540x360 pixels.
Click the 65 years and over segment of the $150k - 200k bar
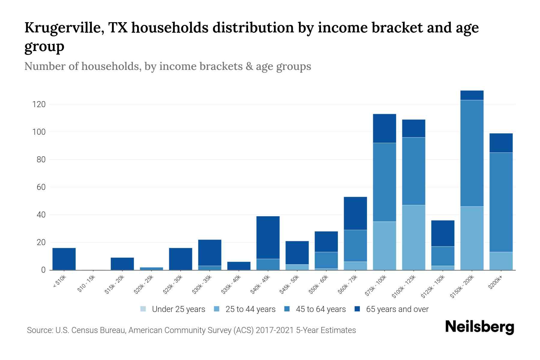click(x=472, y=95)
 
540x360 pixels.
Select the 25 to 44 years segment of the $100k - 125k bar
click(x=413, y=237)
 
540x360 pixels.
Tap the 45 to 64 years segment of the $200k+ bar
click(x=501, y=202)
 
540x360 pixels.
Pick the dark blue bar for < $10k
click(x=64, y=259)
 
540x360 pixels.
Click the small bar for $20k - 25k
click(x=151, y=268)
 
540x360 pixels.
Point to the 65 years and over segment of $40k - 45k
click(x=268, y=237)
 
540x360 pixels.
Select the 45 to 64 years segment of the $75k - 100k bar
click(x=384, y=182)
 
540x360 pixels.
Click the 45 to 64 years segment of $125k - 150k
click(x=442, y=256)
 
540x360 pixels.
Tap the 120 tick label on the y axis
click(x=39, y=104)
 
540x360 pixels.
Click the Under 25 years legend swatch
click(x=143, y=309)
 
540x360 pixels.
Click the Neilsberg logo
click(x=479, y=327)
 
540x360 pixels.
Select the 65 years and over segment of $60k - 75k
click(x=355, y=213)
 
